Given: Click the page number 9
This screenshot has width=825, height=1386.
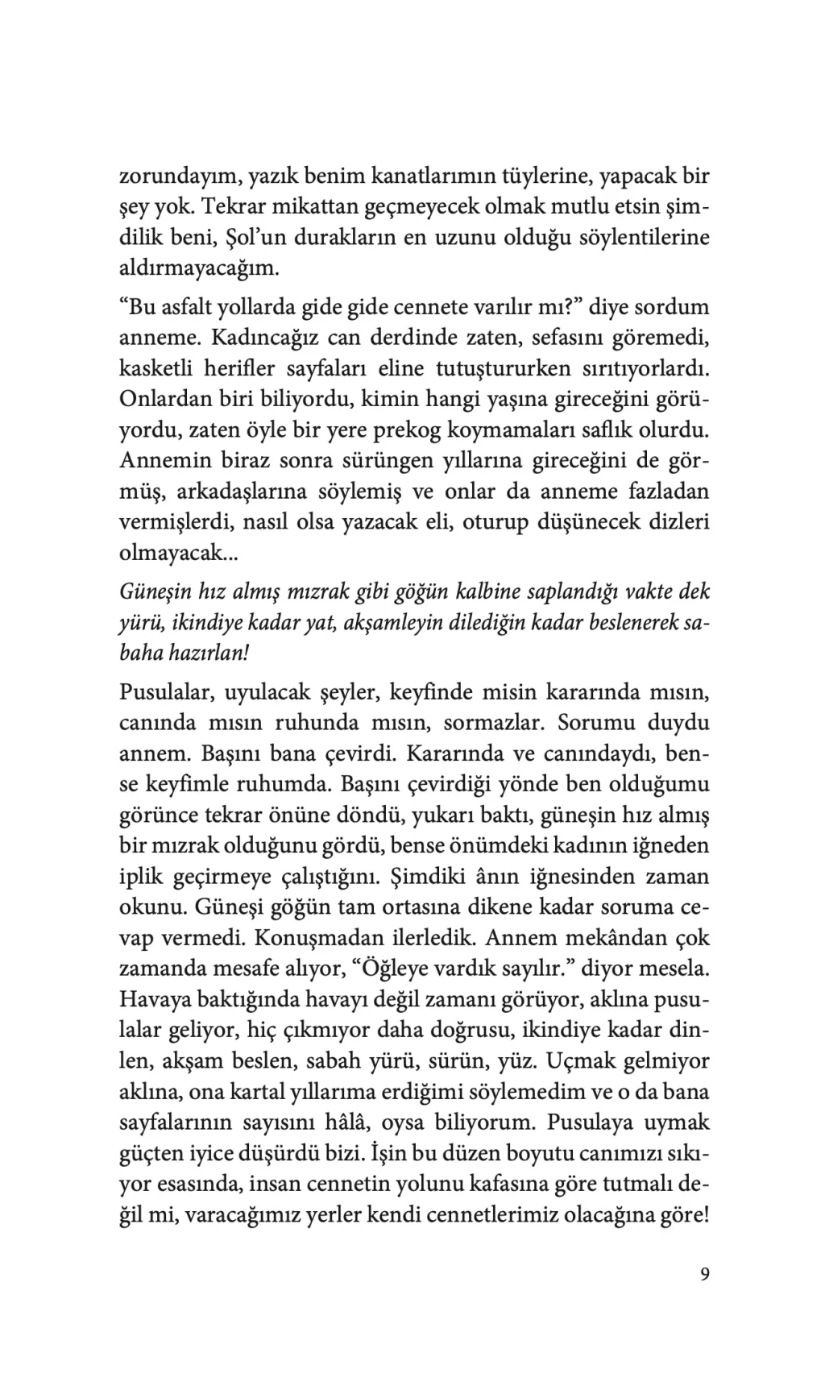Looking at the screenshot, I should tap(705, 1274).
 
